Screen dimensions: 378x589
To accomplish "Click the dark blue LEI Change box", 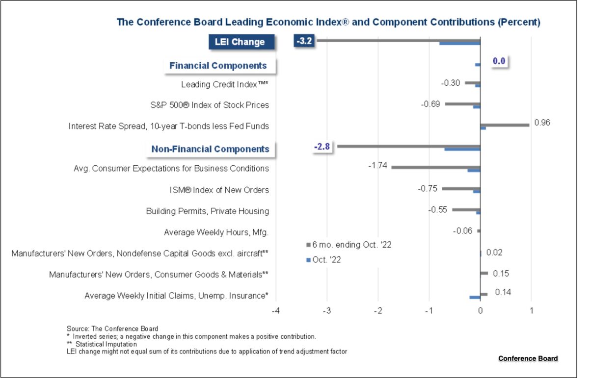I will point(240,42).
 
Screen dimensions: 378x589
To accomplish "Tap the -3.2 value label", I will point(304,41).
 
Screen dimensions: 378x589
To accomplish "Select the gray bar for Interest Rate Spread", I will point(505,125).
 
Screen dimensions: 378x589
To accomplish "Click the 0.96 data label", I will point(542,123).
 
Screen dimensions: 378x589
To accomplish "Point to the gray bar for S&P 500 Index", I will point(462,103).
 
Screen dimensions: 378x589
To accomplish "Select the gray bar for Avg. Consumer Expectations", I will point(435,167).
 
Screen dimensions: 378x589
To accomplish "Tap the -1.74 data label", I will point(377,166).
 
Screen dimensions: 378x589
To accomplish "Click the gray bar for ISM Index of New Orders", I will point(461,188).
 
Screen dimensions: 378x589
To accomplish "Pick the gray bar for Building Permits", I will point(466,209).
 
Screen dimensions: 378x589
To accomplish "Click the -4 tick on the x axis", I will point(276,311).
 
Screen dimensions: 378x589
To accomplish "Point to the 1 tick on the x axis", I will point(532,311).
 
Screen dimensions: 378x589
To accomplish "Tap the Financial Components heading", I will point(218,65).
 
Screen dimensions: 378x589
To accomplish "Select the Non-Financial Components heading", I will point(210,149).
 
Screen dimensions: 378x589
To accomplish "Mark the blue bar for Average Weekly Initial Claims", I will point(475,297).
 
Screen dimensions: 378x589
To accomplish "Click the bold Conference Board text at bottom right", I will point(528,358).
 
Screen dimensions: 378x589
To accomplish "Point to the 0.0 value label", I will point(499,61).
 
